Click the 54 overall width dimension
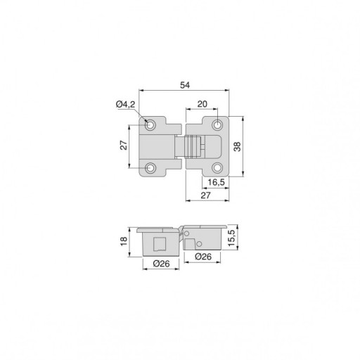pos(185,85)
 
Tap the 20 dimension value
pos(202,104)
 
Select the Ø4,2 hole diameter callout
pos(126,104)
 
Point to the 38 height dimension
pos(237,146)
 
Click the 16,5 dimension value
pos(216,182)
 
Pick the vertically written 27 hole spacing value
pos(124,145)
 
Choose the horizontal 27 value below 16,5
pos(205,195)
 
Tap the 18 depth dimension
pos(124,241)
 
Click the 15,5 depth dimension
pos(231,238)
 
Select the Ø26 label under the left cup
pos(161,264)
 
